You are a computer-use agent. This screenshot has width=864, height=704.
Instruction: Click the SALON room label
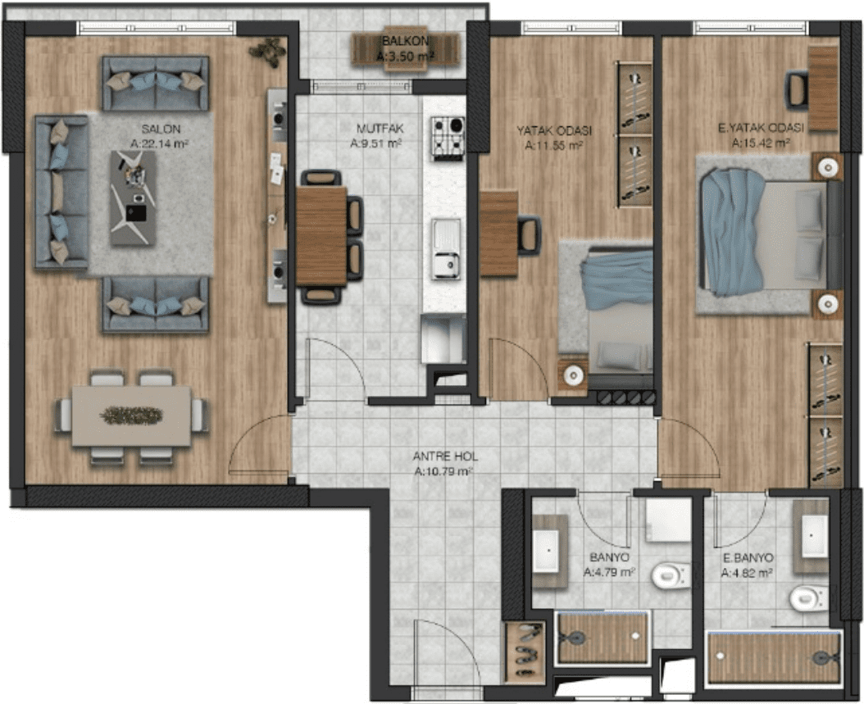[161, 129]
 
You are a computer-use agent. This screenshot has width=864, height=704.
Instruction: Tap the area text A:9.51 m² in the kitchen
[375, 143]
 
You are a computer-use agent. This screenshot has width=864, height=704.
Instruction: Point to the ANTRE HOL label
[445, 456]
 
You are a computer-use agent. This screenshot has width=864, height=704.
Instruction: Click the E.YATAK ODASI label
[761, 129]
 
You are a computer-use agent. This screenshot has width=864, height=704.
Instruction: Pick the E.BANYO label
[748, 558]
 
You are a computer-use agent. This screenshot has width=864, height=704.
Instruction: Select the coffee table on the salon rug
[133, 198]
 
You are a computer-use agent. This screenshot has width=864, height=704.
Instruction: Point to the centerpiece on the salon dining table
[131, 416]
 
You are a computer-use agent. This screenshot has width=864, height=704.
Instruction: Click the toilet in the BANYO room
[671, 575]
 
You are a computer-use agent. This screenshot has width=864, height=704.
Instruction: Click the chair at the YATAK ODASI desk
[529, 234]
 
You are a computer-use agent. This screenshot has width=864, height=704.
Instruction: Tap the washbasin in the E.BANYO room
[812, 535]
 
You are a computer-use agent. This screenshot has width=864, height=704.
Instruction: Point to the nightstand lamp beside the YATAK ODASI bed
[573, 375]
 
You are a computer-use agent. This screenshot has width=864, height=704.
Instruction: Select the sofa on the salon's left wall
[61, 193]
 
